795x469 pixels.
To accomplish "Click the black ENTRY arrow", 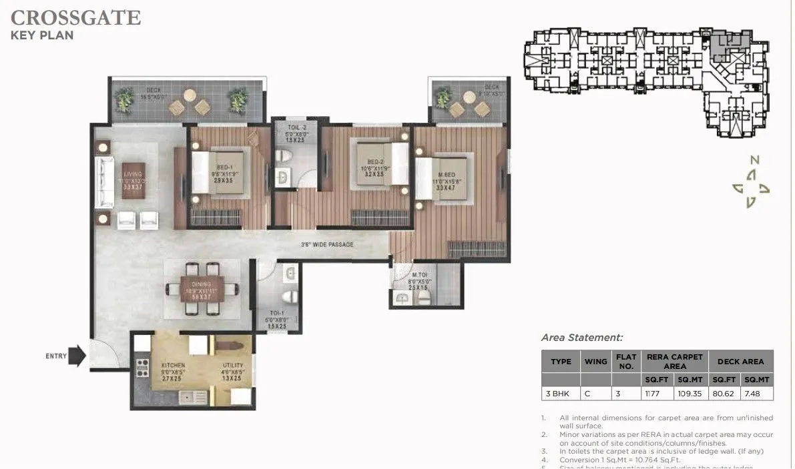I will click(78, 356).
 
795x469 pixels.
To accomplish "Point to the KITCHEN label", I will click(173, 366).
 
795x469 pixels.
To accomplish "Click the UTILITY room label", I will click(233, 366).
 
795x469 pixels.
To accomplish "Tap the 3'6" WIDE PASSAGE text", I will click(326, 245).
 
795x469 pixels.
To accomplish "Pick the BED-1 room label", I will click(224, 167).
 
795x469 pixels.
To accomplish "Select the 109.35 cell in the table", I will click(691, 394).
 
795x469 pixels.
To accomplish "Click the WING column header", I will click(595, 362).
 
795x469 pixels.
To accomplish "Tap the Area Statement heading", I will click(581, 338).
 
